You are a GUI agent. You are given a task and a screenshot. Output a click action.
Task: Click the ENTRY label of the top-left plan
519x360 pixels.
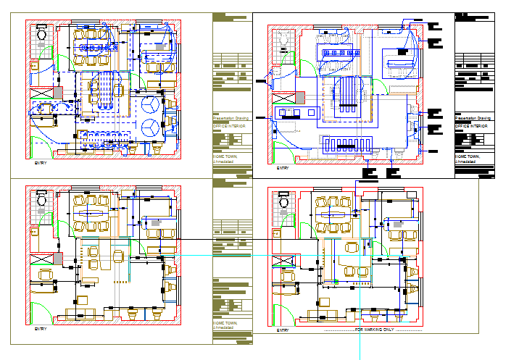tap(41, 164)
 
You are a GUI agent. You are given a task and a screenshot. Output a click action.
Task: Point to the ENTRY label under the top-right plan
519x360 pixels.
tap(282, 168)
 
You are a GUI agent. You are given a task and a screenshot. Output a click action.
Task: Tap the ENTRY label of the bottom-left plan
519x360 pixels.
tap(41, 329)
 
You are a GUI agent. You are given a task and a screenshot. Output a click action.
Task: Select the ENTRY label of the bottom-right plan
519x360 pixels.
tap(282, 330)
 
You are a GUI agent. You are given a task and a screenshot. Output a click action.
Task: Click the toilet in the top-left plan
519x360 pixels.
tap(41, 33)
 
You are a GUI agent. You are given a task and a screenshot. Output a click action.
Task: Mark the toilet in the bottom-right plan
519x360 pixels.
tap(283, 200)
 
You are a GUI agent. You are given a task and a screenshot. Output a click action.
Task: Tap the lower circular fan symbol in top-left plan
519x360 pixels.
tap(151, 127)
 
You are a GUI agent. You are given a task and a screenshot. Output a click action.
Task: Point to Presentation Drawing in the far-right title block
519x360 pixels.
tap(473, 117)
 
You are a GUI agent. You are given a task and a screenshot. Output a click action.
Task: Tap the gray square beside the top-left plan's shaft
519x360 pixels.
tap(58, 92)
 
